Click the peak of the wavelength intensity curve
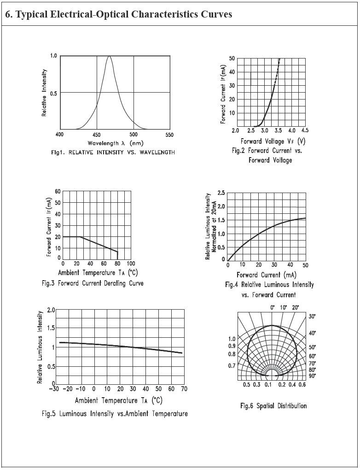point(110,56)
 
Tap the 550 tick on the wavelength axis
point(169,135)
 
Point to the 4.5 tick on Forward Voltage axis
point(305,131)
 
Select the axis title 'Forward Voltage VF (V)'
point(273,141)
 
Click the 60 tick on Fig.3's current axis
point(58,191)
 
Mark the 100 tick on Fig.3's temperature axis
point(130,264)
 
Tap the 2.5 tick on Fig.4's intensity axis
point(221,193)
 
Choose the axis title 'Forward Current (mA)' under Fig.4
point(267,275)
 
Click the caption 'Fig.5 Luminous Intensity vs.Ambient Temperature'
point(115,413)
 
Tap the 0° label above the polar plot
point(272,307)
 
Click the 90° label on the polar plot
point(312,376)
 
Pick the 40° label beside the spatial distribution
point(312,333)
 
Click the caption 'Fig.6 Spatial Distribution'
point(273,405)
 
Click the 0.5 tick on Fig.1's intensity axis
point(53,93)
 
